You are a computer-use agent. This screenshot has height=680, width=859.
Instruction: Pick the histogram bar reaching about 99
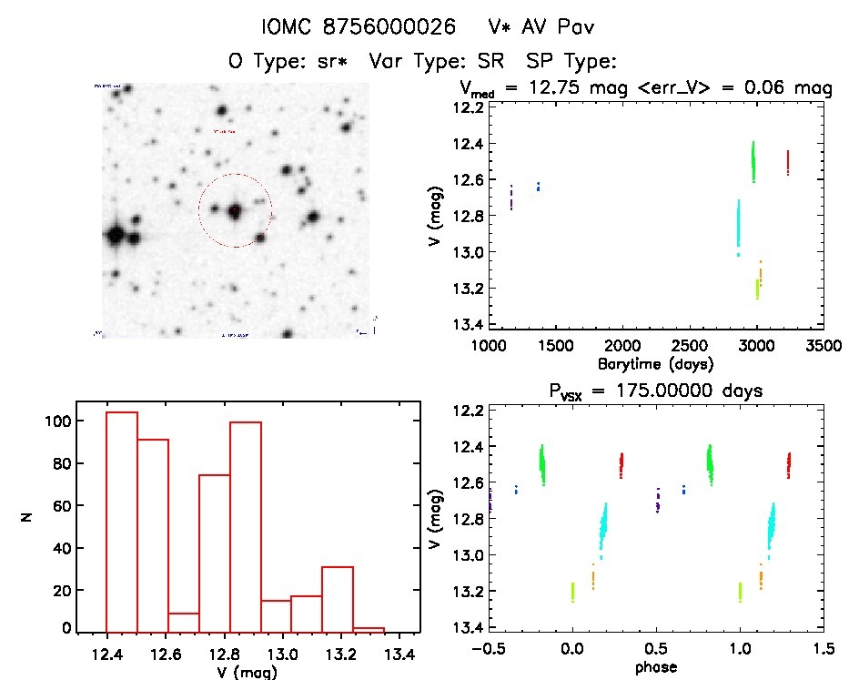coord(246,526)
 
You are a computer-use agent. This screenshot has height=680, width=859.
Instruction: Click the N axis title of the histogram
coord(27,517)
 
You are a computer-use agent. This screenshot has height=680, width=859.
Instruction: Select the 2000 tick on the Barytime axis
coord(622,346)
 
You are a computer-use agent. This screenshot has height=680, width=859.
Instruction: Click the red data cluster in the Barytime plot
coord(787,162)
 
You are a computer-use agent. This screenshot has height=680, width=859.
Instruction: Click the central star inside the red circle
coord(235,210)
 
